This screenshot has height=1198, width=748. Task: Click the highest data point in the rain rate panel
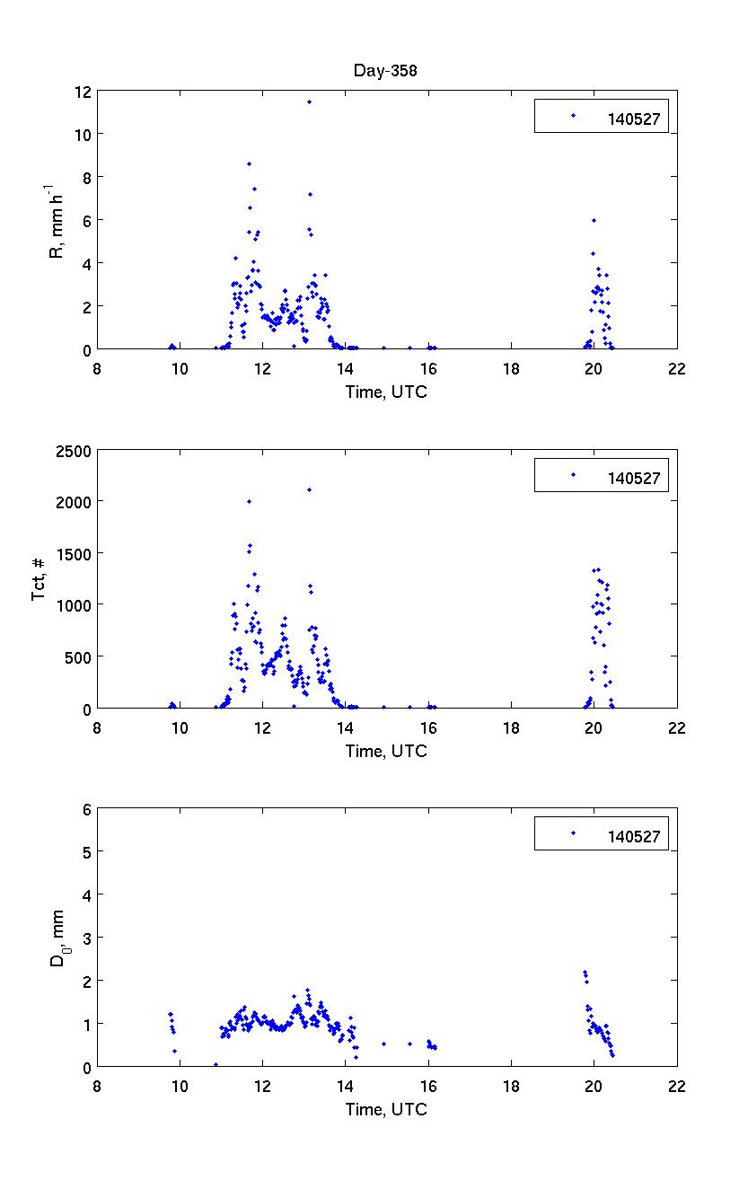coord(309,102)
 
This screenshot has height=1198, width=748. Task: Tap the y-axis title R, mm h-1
coord(55,220)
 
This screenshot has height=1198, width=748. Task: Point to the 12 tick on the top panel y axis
coord(83,92)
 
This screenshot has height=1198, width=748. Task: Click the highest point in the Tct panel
coord(309,489)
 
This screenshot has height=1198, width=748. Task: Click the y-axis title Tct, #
coord(40,579)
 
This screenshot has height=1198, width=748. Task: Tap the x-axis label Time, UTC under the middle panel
coord(386,752)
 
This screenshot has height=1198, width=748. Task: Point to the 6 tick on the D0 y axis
coord(87,809)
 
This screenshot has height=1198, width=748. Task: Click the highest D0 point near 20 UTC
coord(585,973)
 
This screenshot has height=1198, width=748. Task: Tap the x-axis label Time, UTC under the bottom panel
coord(386,1110)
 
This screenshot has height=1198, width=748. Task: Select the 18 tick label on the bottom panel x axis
coord(511,1084)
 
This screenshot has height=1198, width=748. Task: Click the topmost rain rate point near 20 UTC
coord(594,220)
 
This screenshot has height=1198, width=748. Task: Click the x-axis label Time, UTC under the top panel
coord(386,392)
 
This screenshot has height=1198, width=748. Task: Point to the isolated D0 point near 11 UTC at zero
coord(216,1065)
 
